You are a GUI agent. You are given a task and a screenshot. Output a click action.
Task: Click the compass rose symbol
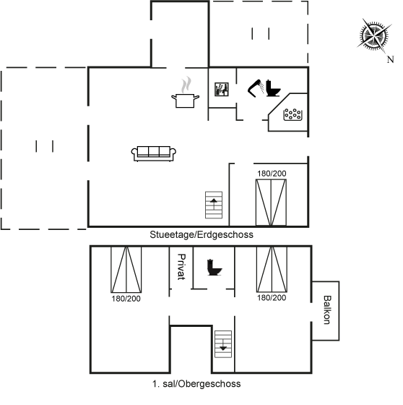pos(374,35)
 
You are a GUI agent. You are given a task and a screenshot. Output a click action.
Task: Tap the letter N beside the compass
pos(390,59)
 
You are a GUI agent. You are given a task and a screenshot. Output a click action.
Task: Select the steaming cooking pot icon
pos(185,93)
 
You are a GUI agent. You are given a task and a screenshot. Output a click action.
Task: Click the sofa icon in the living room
pos(154,153)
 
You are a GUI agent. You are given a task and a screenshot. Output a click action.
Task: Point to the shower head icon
pos(255,88)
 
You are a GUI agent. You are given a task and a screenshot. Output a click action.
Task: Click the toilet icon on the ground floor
pos(272,88)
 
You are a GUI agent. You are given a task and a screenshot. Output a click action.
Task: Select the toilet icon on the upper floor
pos(214,268)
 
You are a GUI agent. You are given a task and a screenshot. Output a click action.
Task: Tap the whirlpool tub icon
pos(292,114)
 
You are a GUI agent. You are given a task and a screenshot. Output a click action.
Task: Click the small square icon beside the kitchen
pos(222,90)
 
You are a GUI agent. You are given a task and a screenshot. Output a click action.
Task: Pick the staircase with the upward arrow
pos(214,205)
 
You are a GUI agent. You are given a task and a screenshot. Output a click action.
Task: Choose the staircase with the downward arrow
pos(223,344)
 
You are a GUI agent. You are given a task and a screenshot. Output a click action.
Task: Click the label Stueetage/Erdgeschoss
pos(201,235)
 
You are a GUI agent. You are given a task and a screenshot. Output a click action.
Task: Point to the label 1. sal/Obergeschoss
pos(196,384)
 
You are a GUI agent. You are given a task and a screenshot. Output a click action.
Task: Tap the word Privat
pos(181,267)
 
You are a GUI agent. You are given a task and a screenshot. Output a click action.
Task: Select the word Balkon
pos(327,310)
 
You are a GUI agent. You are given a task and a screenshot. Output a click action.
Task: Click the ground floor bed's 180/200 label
pos(272,174)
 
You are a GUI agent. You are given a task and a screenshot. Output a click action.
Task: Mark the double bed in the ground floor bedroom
pos(271,202)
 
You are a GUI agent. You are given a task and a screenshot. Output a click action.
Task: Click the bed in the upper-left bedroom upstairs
pos(126,269)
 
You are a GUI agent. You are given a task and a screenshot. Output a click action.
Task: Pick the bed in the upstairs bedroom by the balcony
pos(272,269)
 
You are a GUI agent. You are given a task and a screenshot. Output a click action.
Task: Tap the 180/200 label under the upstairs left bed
pos(126,299)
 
